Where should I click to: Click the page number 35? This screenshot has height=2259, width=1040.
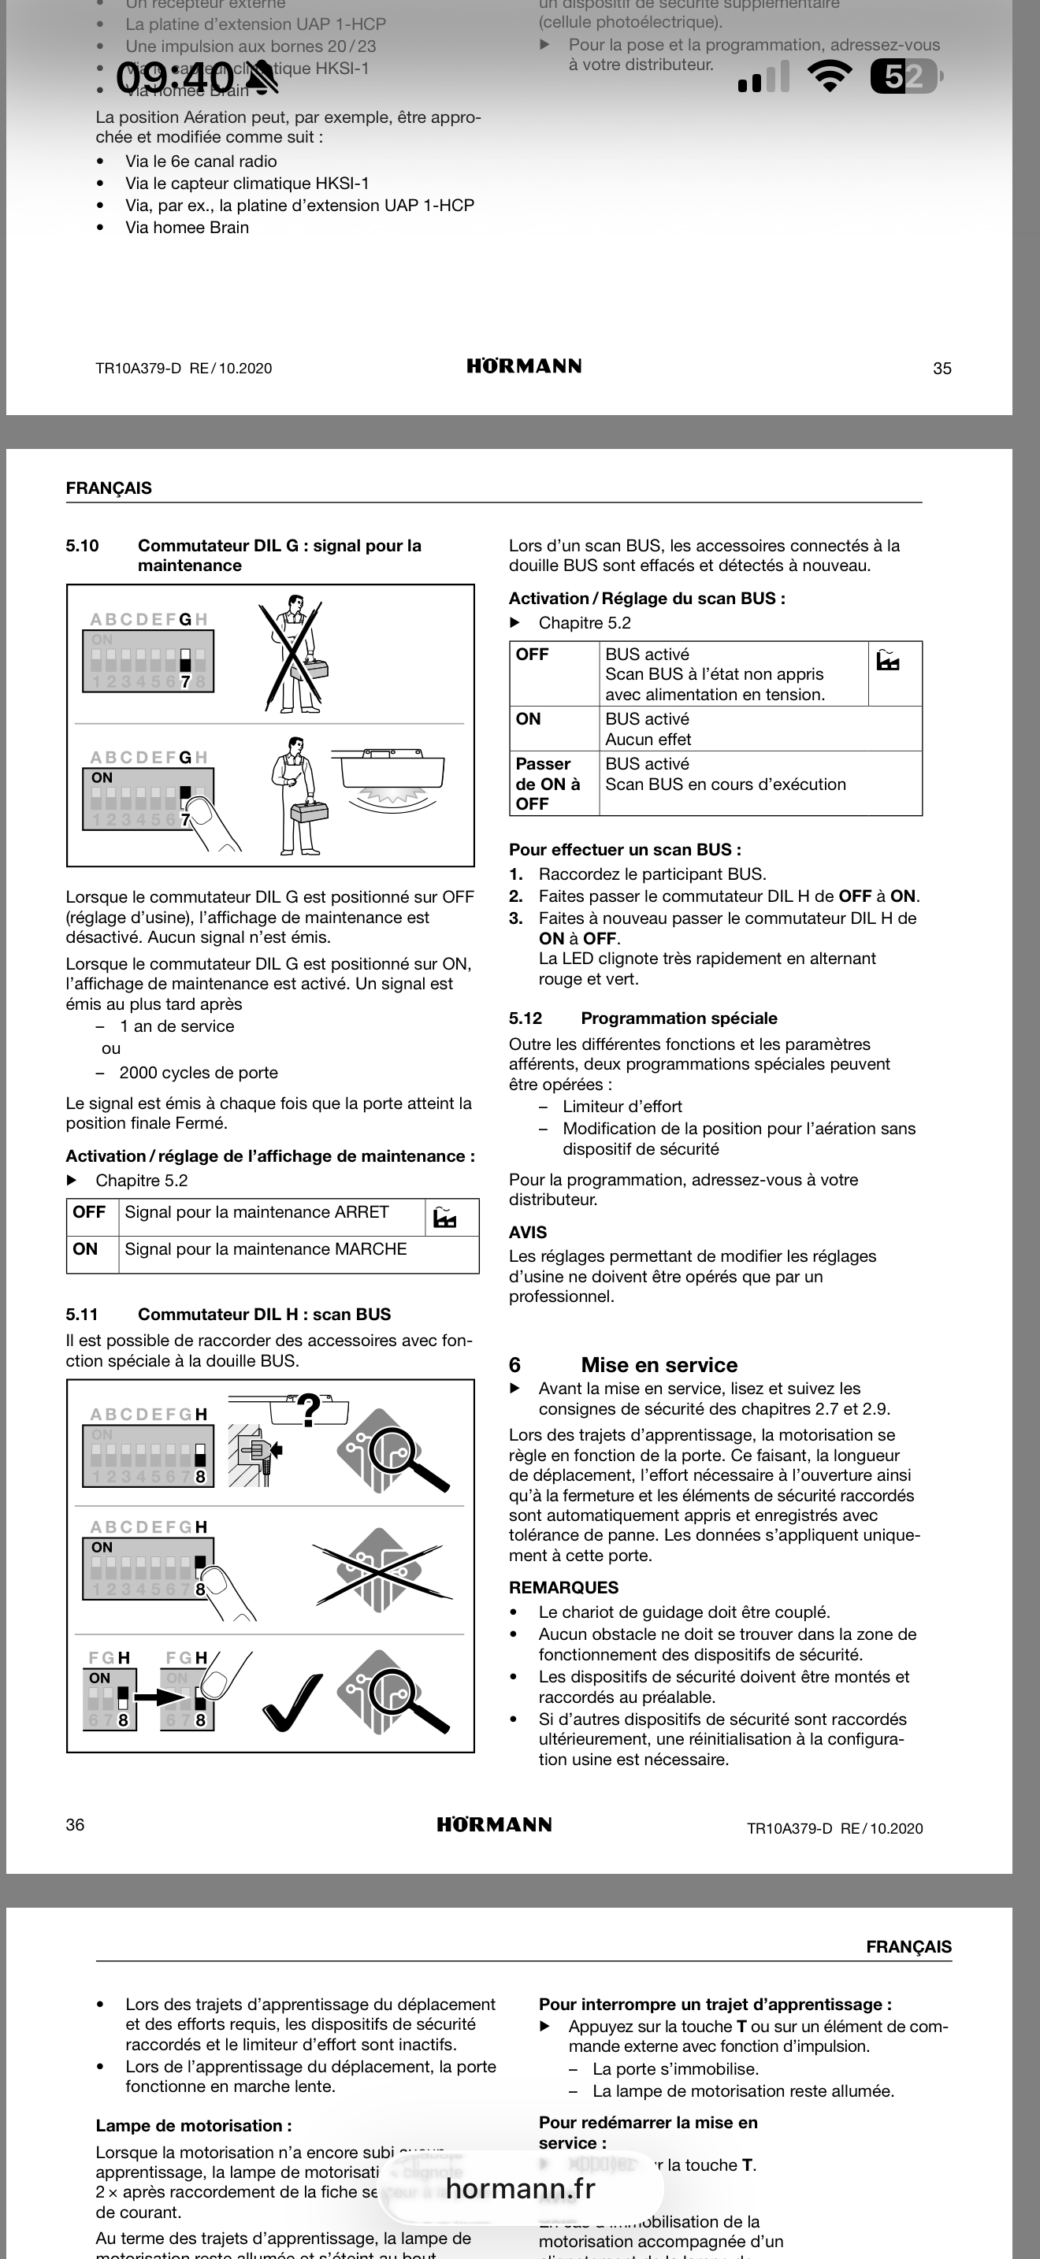[x=942, y=369]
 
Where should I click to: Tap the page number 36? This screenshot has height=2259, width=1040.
[x=76, y=1825]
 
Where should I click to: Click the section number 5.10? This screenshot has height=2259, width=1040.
[x=83, y=546]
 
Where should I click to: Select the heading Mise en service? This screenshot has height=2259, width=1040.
[x=659, y=1364]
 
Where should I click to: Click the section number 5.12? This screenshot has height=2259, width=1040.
[x=526, y=1018]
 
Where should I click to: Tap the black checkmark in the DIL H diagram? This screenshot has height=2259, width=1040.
[x=292, y=1702]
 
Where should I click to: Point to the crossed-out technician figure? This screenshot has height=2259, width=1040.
[x=293, y=653]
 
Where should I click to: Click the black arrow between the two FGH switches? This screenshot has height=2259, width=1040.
[x=158, y=1697]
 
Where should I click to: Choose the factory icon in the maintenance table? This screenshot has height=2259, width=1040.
[x=445, y=1217]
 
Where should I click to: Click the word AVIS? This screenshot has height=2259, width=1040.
[x=528, y=1232]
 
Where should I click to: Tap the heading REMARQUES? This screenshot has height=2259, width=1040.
[x=564, y=1587]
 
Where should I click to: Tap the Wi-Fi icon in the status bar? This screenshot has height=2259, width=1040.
[x=830, y=77]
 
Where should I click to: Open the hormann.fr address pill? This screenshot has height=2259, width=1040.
[x=521, y=2189]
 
